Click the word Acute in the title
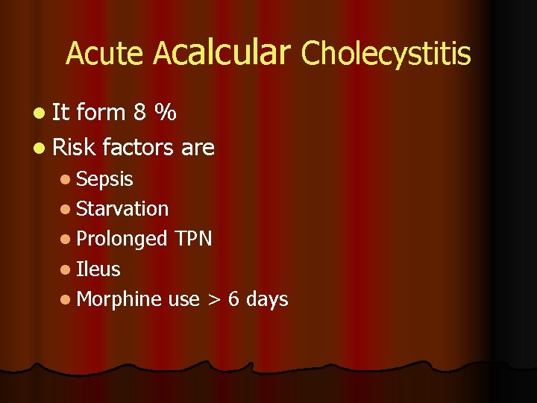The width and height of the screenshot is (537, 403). point(104,54)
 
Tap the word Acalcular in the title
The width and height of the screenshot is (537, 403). point(221,52)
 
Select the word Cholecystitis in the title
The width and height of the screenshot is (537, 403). point(386,54)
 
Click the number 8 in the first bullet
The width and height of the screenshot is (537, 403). point(139,113)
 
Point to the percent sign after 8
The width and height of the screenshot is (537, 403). point(165,113)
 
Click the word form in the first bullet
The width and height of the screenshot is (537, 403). point(101,113)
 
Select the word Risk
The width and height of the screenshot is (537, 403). point(75,148)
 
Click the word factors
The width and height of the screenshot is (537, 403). point(139,148)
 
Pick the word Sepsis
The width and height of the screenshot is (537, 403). point(104,180)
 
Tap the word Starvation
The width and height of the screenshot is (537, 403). point(122,209)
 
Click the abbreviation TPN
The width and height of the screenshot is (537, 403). point(193,239)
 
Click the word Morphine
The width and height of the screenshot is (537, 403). point(119,299)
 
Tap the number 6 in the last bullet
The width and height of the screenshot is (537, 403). point(233,299)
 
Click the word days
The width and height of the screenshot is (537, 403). point(267,300)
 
